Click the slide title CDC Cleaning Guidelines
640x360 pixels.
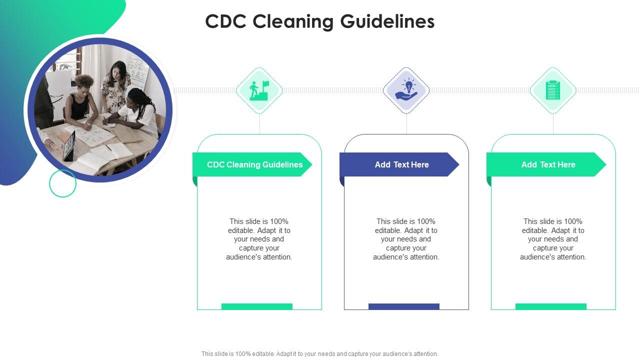pyautogui.click(x=320, y=21)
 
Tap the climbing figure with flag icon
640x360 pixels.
pyautogui.click(x=259, y=90)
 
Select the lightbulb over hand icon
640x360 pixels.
pyautogui.click(x=406, y=89)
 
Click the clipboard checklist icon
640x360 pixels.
pyautogui.click(x=553, y=90)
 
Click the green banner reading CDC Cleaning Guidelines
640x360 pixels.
pyautogui.click(x=252, y=164)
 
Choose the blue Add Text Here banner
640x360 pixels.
pyautogui.click(x=399, y=164)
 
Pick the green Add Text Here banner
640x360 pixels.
pyautogui.click(x=546, y=164)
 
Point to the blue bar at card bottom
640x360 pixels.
pyautogui.click(x=403, y=306)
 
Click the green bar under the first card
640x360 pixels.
pyautogui.click(x=257, y=306)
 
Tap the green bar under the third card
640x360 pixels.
pyautogui.click(x=551, y=306)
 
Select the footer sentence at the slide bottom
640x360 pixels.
pyautogui.click(x=319, y=353)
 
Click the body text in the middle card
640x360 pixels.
pyautogui.click(x=406, y=239)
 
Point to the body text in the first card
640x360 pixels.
pyautogui.click(x=259, y=239)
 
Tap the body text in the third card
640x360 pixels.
pyautogui.click(x=553, y=239)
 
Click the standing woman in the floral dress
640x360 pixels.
pyautogui.click(x=115, y=87)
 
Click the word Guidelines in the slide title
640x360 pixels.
pyautogui.click(x=387, y=21)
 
